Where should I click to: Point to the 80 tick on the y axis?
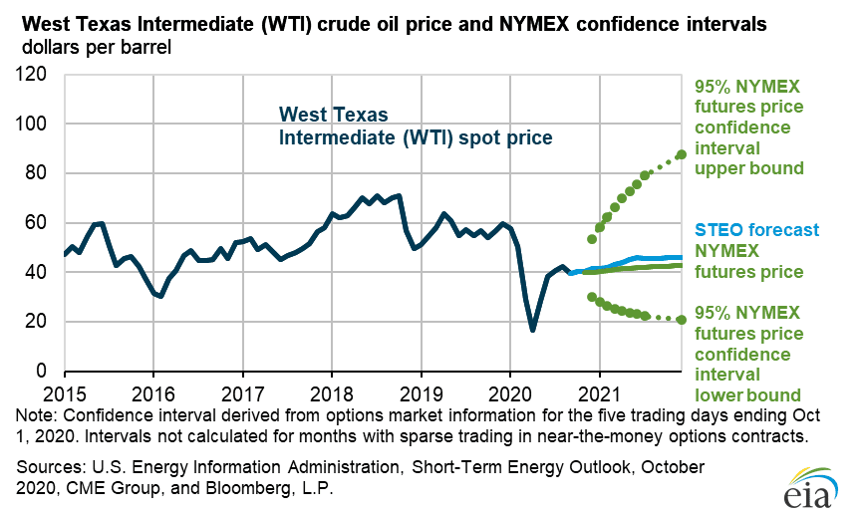(x=38, y=173)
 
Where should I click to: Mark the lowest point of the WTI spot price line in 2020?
(x=533, y=330)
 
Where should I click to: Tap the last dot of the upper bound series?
(x=682, y=154)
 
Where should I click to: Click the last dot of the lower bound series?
(x=682, y=320)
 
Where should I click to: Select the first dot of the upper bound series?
(x=592, y=239)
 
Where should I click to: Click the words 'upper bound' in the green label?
(x=748, y=168)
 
